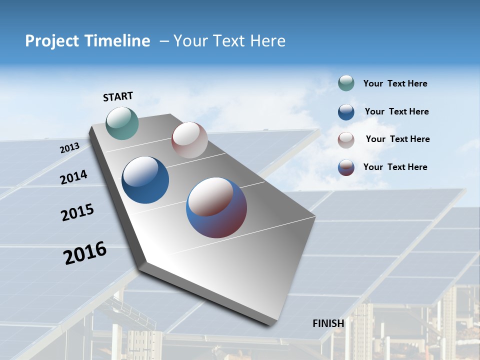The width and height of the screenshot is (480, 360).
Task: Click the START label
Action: (118, 96)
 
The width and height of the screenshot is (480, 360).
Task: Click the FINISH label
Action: (328, 323)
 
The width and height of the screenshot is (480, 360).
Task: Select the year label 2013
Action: (69, 148)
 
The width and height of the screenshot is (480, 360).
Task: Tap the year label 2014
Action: (73, 177)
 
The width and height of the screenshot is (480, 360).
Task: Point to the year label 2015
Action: (77, 212)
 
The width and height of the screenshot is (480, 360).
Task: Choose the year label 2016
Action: (85, 253)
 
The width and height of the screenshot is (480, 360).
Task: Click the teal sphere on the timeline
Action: (122, 123)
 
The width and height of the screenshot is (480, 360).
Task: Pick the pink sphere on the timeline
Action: (189, 140)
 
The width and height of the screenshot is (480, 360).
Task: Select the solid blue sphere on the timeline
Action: (145, 180)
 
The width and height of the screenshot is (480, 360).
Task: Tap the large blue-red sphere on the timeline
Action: (216, 207)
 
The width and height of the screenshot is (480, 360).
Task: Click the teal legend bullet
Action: (346, 83)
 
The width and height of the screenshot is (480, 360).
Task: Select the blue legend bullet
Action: (346, 111)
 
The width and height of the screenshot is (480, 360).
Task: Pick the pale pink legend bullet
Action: (346, 139)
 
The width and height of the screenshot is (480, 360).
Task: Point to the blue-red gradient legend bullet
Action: (346, 167)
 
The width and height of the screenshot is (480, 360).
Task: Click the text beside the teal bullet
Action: (395, 83)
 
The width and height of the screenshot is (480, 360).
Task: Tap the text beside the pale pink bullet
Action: (397, 139)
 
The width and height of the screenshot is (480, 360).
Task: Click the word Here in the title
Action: (267, 41)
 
